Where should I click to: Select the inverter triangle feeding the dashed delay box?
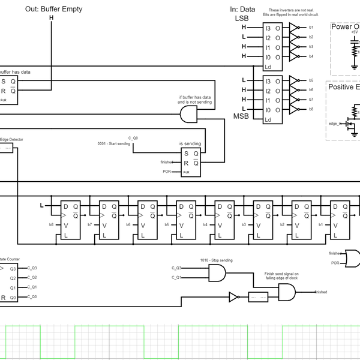235,296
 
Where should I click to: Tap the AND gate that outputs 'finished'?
287,292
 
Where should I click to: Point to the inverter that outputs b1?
293,27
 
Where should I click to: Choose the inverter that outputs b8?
293,109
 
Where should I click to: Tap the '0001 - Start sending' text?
113,144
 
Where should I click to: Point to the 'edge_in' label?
335,124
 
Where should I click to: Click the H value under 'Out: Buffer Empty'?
51,18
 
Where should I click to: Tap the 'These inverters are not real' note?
290,12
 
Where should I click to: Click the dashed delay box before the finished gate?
258,297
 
